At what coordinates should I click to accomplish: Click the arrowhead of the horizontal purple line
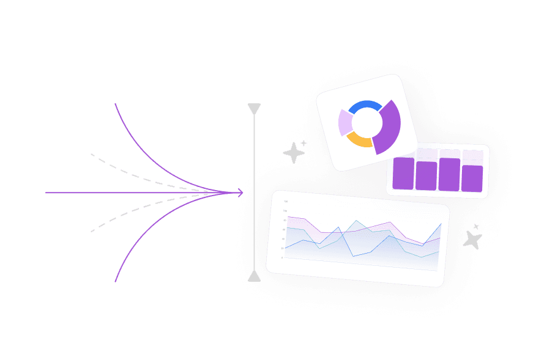[x=240, y=193]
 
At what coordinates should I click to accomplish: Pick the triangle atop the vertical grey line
[x=254, y=109]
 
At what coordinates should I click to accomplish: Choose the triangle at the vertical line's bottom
[x=254, y=277]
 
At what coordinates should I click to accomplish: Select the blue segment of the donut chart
[x=365, y=106]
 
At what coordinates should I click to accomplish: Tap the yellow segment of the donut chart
[x=360, y=141]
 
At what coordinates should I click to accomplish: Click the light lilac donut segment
[x=345, y=123]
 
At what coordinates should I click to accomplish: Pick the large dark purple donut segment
[x=389, y=129]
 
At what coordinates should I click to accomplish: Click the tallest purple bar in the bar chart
[x=449, y=174]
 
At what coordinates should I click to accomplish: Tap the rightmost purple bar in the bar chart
[x=472, y=178]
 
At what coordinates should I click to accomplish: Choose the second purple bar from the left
[x=426, y=176]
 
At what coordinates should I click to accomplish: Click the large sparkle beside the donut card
[x=294, y=153]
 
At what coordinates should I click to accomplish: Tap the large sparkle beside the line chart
[x=472, y=240]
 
